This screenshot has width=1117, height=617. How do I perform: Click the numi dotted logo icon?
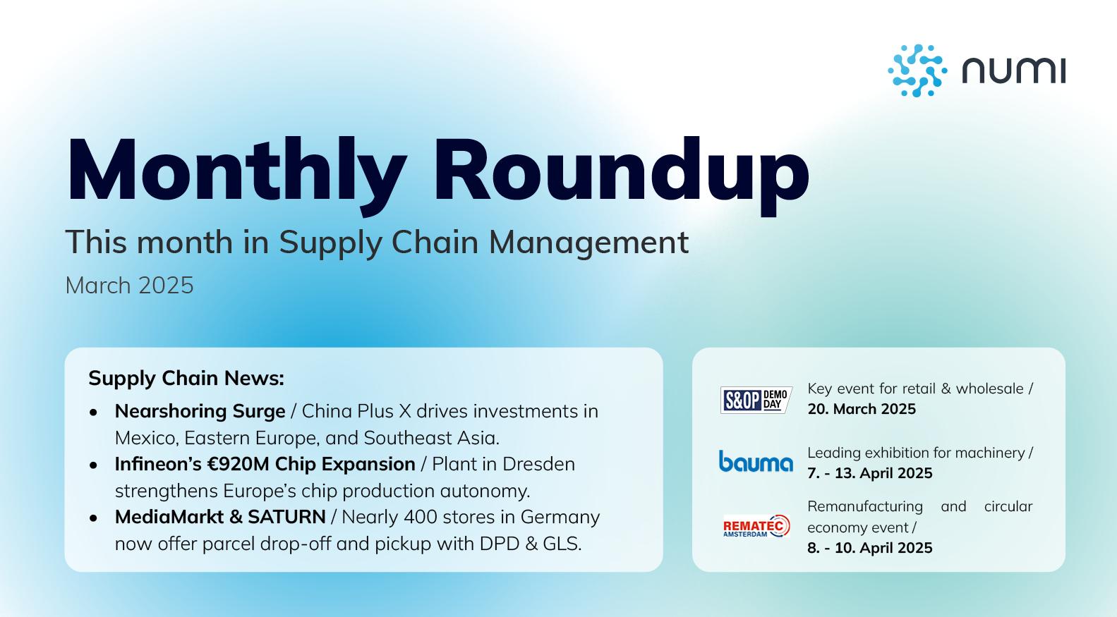point(917,71)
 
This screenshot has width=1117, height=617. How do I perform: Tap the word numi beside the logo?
point(1013,71)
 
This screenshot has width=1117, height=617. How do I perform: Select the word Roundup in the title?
point(621,171)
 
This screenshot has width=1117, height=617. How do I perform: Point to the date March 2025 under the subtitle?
point(129,286)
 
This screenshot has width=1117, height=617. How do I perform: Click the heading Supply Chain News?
point(186,378)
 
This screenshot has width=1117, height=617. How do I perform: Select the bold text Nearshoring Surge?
point(200,411)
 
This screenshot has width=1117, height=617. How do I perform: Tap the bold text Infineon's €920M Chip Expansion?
point(265,464)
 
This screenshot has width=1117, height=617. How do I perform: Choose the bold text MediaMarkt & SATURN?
point(220,517)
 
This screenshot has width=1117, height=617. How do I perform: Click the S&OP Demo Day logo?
point(756,400)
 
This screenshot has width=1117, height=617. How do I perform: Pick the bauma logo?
point(756,462)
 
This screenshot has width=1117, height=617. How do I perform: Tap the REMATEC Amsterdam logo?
point(756,526)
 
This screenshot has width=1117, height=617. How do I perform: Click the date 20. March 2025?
point(862,409)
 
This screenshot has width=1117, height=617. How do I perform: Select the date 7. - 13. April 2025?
point(869,473)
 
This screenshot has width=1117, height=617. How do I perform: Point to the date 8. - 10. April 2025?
point(869,548)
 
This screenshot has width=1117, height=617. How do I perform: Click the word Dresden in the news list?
point(538,464)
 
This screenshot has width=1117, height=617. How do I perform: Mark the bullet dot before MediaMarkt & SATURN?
point(94,518)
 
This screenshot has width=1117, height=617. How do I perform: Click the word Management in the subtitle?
point(588,242)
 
